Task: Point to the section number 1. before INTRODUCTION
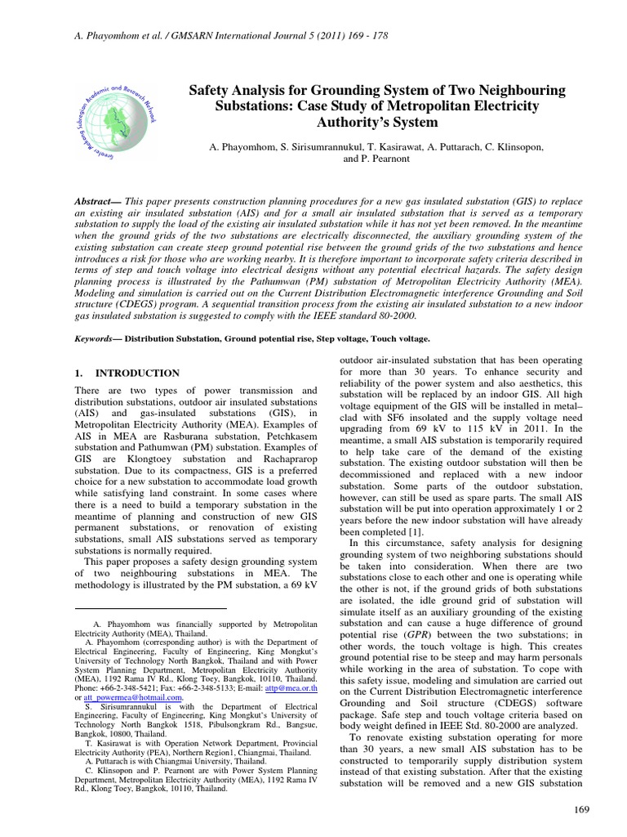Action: click(78, 373)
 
